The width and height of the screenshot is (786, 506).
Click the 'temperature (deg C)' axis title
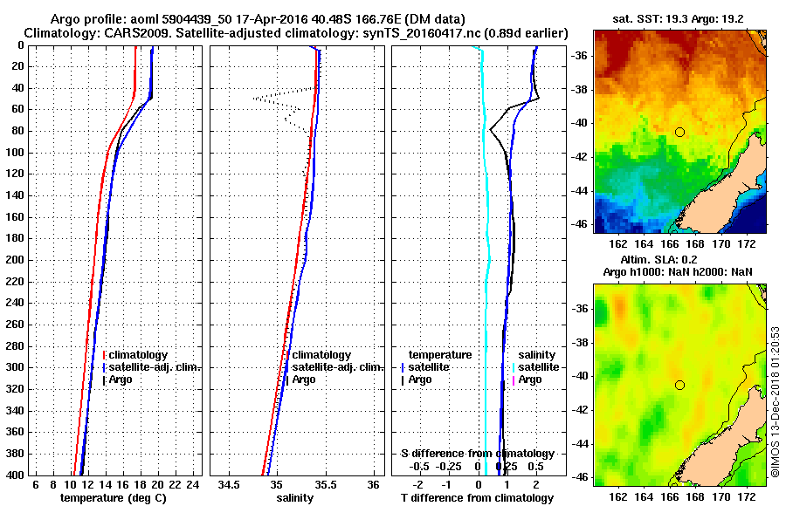click(113, 497)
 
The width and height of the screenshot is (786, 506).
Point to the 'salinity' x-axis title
click(293, 497)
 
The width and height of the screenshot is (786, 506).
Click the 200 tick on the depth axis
click(17, 260)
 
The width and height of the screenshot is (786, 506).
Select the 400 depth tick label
click(17, 475)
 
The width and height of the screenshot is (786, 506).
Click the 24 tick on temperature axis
click(193, 484)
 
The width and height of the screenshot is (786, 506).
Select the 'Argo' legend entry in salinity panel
click(304, 379)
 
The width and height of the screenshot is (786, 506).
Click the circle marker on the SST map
click(679, 132)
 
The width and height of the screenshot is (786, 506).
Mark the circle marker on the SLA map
click(679, 385)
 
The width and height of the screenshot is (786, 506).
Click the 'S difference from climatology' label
click(478, 454)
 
